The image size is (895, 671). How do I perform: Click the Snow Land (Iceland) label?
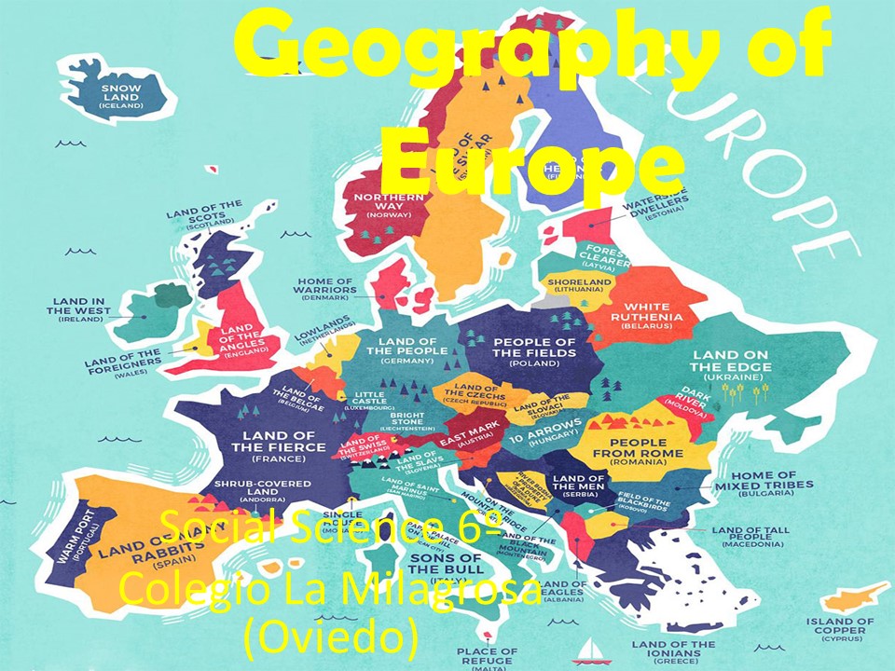122,97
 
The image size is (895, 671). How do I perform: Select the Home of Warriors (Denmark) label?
325,287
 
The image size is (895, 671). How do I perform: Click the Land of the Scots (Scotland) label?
203,214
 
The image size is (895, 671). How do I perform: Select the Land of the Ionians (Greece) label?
678,650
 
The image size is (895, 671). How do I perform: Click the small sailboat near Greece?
588,648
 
